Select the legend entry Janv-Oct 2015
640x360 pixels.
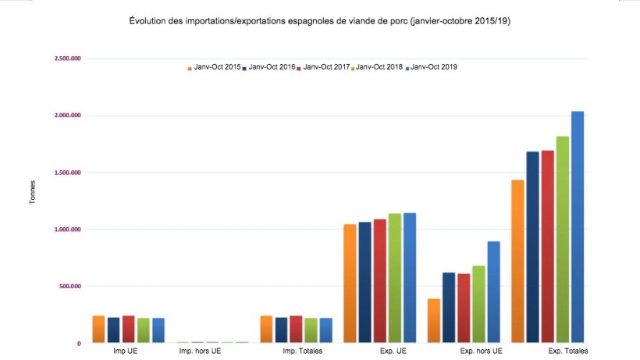pyautogui.click(x=215, y=68)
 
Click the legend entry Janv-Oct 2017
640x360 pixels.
pyautogui.click(x=324, y=68)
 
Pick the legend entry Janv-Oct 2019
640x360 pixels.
pyautogui.click(x=433, y=68)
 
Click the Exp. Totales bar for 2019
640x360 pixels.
pyautogui.click(x=578, y=226)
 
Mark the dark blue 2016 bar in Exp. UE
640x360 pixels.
pyautogui.click(x=365, y=282)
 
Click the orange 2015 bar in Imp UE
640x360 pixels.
pyautogui.click(x=98, y=329)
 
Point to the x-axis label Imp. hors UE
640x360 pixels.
pyautogui.click(x=200, y=351)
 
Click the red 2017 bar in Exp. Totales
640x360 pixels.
pyautogui.click(x=548, y=246)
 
